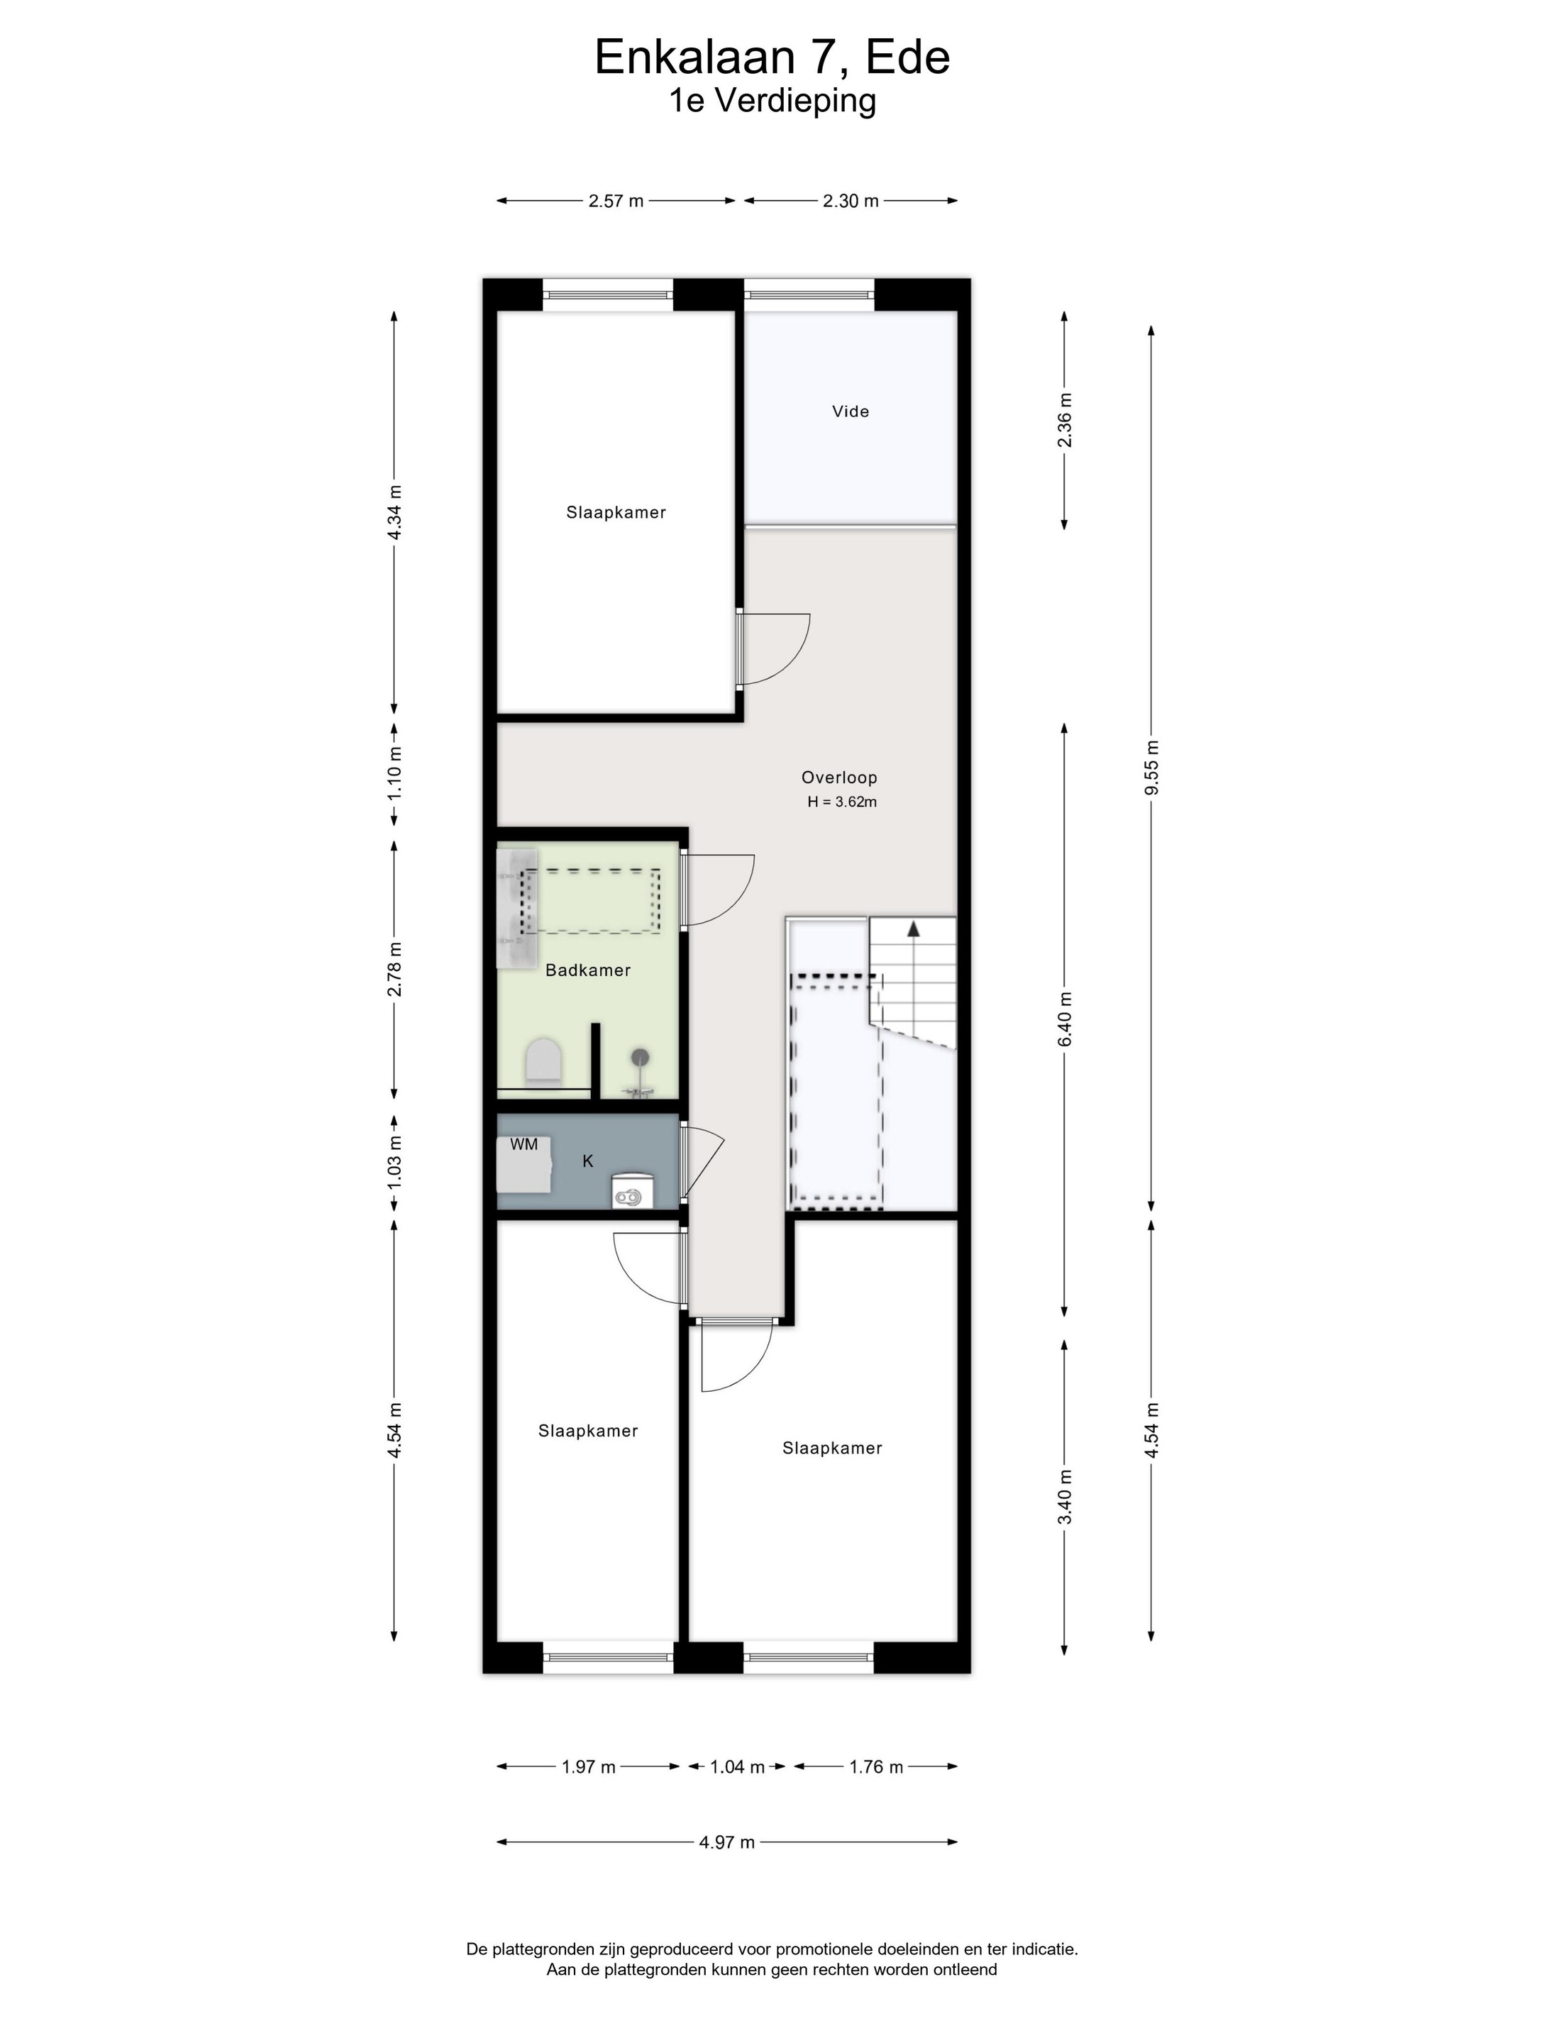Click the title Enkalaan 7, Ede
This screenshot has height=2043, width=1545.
tap(772, 57)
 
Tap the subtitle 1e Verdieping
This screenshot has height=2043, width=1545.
tap(772, 101)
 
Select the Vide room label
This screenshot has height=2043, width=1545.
tap(851, 411)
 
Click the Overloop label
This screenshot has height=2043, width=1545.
tap(838, 777)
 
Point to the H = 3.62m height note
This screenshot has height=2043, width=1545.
tap(842, 802)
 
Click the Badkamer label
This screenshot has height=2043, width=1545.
tap(587, 970)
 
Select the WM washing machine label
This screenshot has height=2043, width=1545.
tap(524, 1144)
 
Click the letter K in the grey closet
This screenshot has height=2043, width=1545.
tap(587, 1162)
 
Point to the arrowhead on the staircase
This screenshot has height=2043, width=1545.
tap(914, 928)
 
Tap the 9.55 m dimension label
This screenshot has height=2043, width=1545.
tap(1151, 768)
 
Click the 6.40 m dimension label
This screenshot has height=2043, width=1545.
tap(1065, 1019)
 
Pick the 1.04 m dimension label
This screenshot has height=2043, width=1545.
tap(737, 1767)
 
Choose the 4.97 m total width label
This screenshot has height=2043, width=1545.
tap(727, 1842)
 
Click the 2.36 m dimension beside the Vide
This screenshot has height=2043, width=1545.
tap(1065, 419)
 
